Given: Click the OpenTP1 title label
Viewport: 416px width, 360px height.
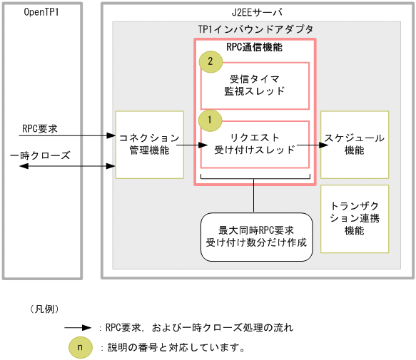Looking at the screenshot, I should pos(41,13).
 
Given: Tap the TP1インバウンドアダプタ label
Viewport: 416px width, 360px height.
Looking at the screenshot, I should pos(255,30).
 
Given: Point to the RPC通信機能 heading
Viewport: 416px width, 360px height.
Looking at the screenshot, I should pos(254,48).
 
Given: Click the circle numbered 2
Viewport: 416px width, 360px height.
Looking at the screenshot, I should pos(210,62).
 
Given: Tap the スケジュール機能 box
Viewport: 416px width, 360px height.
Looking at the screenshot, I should pos(355,144).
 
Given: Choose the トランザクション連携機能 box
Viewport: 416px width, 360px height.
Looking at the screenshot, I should pos(355,219).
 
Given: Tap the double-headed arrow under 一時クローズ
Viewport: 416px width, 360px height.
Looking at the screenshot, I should pos(65,165).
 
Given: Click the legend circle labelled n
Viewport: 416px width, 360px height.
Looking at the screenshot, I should pos(80,347).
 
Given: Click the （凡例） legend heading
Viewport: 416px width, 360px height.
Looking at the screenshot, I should pos(44,309).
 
